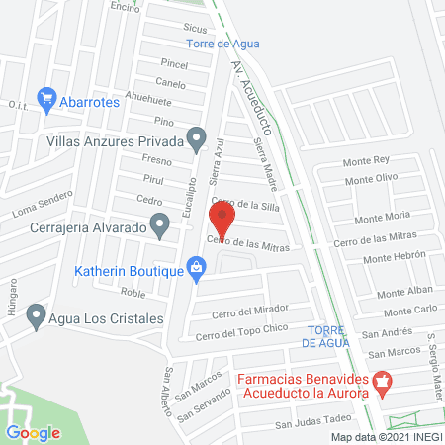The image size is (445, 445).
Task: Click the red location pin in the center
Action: (x=222, y=217)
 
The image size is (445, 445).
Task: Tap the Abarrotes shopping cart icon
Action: (x=45, y=98)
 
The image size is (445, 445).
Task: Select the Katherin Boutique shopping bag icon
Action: (x=198, y=267)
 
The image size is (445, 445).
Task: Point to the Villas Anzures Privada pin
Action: (x=198, y=140)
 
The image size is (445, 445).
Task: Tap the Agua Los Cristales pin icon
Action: (x=37, y=316)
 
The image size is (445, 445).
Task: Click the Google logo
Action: (x=33, y=432)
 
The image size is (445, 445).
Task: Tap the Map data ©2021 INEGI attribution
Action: (x=385, y=436)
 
